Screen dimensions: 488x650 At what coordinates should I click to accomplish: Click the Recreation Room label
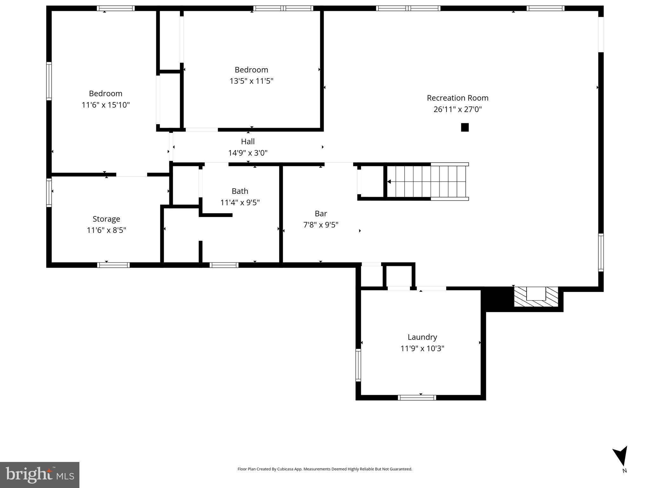[457, 98]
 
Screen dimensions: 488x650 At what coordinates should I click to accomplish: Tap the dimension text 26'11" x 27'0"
[457, 109]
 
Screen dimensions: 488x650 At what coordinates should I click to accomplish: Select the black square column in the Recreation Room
[465, 127]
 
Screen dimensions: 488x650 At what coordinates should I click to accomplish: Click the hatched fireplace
[536, 297]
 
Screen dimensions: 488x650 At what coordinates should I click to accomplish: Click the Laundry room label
[422, 337]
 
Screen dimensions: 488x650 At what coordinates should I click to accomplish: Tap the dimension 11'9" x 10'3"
[422, 349]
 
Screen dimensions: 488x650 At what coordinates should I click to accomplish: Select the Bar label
[321, 213]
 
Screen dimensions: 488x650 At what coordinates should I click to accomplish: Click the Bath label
[240, 191]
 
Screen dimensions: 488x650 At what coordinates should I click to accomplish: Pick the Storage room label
[106, 219]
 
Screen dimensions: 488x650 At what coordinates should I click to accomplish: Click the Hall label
[248, 141]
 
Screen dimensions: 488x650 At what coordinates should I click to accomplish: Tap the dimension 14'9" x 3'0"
[248, 153]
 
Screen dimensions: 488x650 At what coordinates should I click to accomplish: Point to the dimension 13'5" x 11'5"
[251, 81]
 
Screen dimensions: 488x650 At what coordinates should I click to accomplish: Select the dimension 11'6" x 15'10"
[105, 105]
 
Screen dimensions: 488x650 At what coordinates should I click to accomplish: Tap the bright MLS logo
[40, 475]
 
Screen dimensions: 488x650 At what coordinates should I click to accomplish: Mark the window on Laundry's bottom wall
[417, 397]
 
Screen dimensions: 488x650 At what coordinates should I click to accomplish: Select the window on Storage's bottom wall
[113, 265]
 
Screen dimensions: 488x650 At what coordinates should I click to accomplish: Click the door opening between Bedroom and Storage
[131, 175]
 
